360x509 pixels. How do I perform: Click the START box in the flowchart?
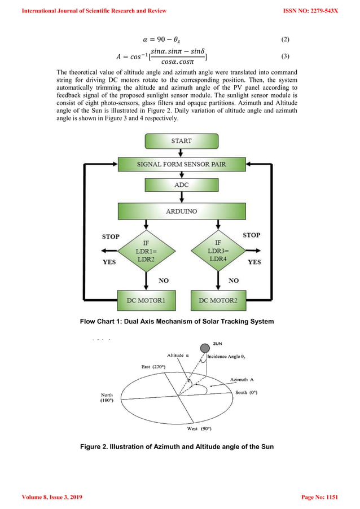coord(181,141)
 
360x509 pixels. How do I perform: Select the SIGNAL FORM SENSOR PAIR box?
coord(181,164)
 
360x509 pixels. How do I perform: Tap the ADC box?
coord(181,185)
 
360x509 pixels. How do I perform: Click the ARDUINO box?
coord(181,212)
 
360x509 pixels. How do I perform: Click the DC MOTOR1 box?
coord(145,300)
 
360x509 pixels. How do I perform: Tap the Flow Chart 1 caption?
coord(177,322)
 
